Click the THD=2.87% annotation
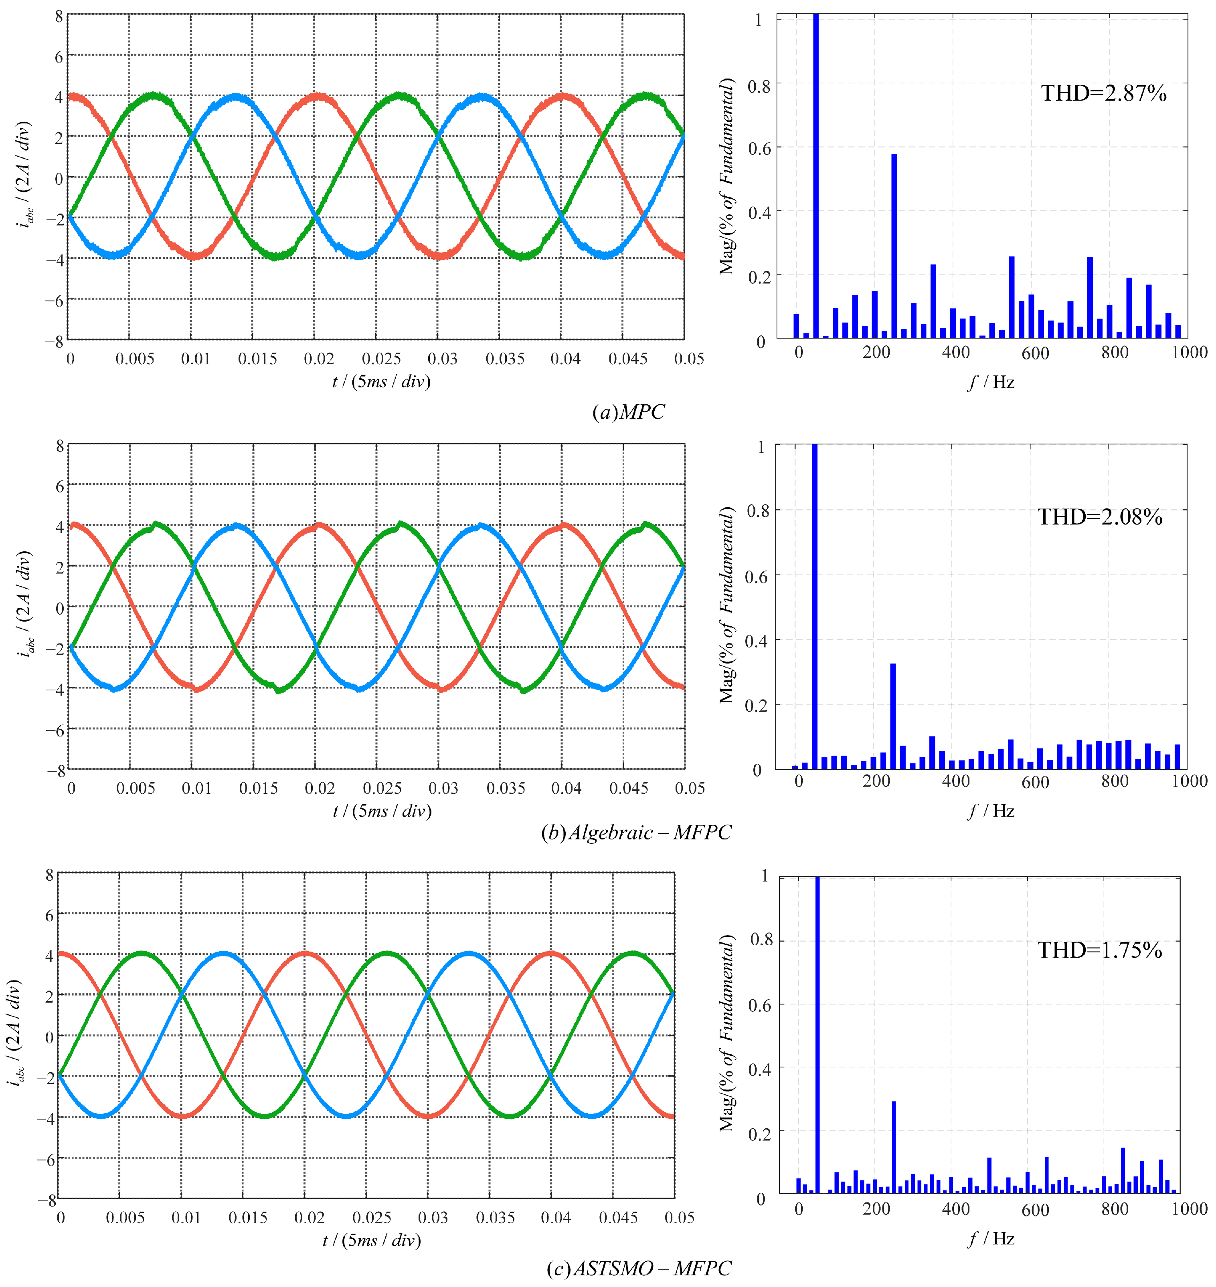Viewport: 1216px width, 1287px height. [1103, 93]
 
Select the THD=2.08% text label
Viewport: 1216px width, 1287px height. [1100, 517]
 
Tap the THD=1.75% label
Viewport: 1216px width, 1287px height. [1100, 950]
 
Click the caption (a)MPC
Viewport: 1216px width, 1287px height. [628, 412]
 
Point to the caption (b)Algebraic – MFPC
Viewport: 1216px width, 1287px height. [636, 832]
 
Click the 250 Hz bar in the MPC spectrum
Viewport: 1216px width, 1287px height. [894, 246]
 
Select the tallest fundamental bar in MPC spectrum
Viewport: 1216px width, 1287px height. [816, 175]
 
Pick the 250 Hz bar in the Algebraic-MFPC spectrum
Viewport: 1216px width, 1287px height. [892, 716]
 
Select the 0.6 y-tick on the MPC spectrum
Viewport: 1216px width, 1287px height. [760, 148]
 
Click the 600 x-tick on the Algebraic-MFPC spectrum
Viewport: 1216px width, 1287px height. [1035, 782]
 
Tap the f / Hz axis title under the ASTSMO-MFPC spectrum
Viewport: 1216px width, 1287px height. [991, 1239]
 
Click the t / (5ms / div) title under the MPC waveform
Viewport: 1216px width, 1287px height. [381, 381]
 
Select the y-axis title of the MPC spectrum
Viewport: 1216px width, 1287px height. [728, 176]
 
